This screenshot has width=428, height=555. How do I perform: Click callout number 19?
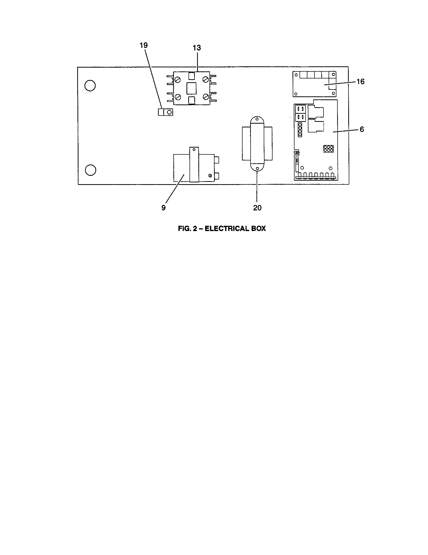click(x=144, y=45)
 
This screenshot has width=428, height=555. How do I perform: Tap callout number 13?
click(x=197, y=48)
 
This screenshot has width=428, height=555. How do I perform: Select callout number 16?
click(x=360, y=81)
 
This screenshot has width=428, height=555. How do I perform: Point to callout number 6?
click(x=362, y=129)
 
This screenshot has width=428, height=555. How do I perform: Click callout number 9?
click(x=164, y=208)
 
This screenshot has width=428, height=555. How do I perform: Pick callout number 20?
click(x=257, y=208)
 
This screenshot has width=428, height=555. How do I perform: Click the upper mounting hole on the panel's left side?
click(x=90, y=86)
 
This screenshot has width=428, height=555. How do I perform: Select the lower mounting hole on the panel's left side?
click(x=90, y=170)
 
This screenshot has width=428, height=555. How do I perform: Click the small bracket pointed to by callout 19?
click(x=166, y=112)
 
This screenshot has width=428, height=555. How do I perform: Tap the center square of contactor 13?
click(x=191, y=88)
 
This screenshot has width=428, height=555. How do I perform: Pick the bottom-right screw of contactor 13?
click(x=206, y=97)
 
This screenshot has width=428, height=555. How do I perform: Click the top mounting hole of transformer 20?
click(x=257, y=119)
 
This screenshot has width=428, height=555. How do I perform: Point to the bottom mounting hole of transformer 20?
click(x=257, y=169)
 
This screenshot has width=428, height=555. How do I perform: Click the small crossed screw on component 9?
click(x=210, y=176)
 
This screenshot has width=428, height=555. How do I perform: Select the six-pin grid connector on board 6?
click(x=328, y=149)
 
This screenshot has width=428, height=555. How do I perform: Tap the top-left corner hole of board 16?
click(x=296, y=75)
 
